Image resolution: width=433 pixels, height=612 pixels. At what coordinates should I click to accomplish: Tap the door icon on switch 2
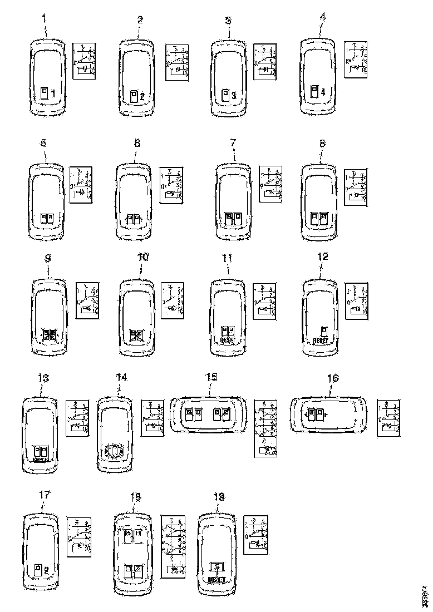tap(134, 96)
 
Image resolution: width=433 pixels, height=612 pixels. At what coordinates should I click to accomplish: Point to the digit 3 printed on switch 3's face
tap(234, 96)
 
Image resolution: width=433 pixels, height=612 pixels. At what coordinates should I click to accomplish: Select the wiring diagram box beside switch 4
tap(356, 60)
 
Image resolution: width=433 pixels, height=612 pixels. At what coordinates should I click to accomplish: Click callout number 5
tap(43, 143)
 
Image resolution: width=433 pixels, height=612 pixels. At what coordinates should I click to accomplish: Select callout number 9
tap(48, 258)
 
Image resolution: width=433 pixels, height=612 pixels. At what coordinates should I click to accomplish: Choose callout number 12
tap(322, 257)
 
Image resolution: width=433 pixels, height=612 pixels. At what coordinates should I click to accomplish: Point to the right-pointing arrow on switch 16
tap(326, 414)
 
